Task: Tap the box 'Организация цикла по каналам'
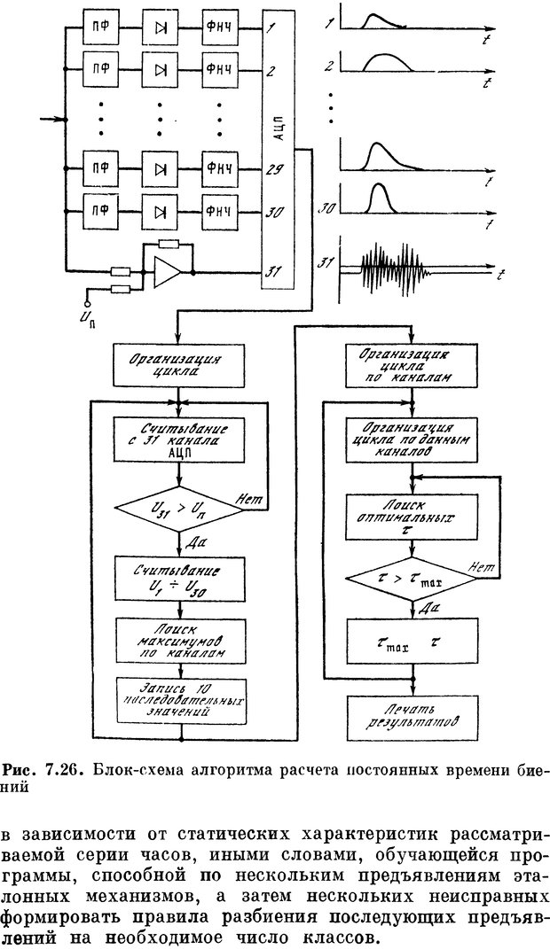pos(411,366)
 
